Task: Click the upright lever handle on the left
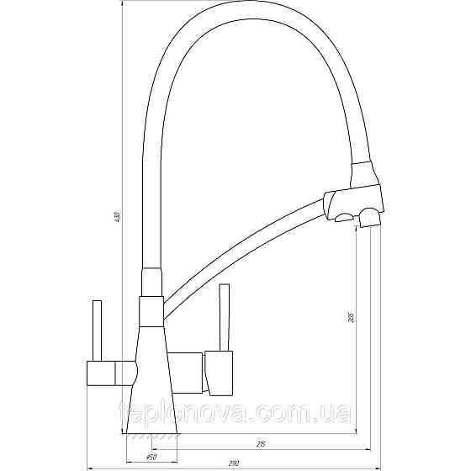[96, 327]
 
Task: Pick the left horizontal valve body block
[109, 369]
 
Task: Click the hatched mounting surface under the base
[151, 437]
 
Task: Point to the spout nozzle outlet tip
[370, 220]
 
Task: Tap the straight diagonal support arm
[244, 252]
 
